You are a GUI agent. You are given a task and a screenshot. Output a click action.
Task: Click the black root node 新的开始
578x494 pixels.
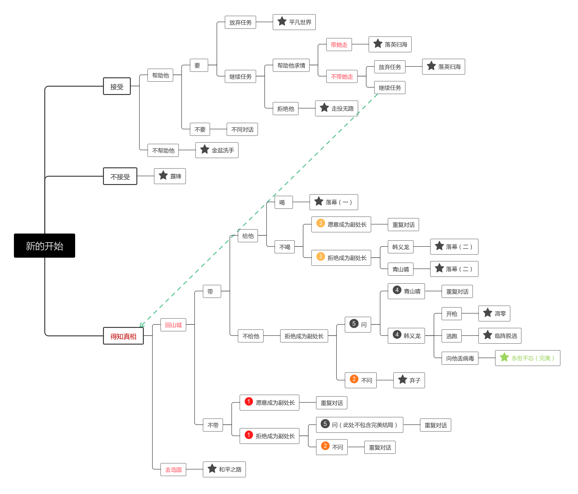45,246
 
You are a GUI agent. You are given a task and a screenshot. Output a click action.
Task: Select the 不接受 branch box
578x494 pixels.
120,176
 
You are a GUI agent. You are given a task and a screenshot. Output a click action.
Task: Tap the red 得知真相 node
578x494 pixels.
123,336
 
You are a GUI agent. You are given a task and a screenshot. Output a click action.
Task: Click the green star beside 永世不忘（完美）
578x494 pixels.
504,357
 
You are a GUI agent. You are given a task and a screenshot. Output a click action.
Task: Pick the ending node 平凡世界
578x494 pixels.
294,22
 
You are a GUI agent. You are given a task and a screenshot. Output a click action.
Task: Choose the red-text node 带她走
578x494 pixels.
339,45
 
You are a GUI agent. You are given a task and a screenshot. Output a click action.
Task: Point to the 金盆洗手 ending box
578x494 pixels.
217,150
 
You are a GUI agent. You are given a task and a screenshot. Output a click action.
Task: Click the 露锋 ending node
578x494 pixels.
170,176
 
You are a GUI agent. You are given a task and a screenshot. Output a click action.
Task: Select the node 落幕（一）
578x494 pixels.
334,202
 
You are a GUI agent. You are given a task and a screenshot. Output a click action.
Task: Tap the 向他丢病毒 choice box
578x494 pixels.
460,358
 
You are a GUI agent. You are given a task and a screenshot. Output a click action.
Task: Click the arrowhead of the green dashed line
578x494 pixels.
141,326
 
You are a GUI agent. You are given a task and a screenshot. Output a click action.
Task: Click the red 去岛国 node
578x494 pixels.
173,470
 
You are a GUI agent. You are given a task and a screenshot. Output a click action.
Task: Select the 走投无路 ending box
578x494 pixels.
336,108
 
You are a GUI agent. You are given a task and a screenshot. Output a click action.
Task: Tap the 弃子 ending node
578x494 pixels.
409,380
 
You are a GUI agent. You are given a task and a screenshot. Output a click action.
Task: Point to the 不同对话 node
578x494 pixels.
242,129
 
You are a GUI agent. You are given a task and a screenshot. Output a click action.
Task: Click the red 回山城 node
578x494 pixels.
173,325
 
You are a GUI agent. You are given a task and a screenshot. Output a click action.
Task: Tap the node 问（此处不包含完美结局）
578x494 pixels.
359,425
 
